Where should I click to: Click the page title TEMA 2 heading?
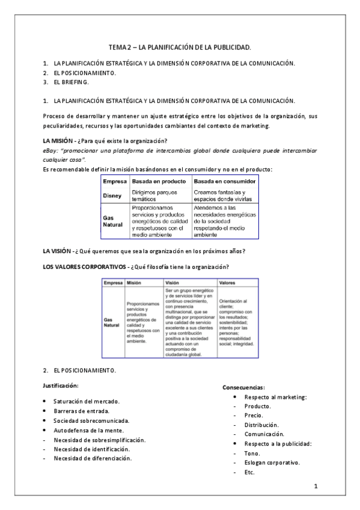[x=180, y=46]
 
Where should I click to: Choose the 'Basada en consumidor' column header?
[x=225, y=181]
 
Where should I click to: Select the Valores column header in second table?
[x=227, y=283]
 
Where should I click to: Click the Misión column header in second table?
[x=135, y=283]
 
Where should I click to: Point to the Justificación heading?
[x=60, y=384]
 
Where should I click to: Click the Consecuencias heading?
[x=244, y=387]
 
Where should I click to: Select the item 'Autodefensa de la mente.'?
[x=88, y=430]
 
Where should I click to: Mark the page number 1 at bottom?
[x=316, y=485]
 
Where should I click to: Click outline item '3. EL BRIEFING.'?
[x=70, y=82]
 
